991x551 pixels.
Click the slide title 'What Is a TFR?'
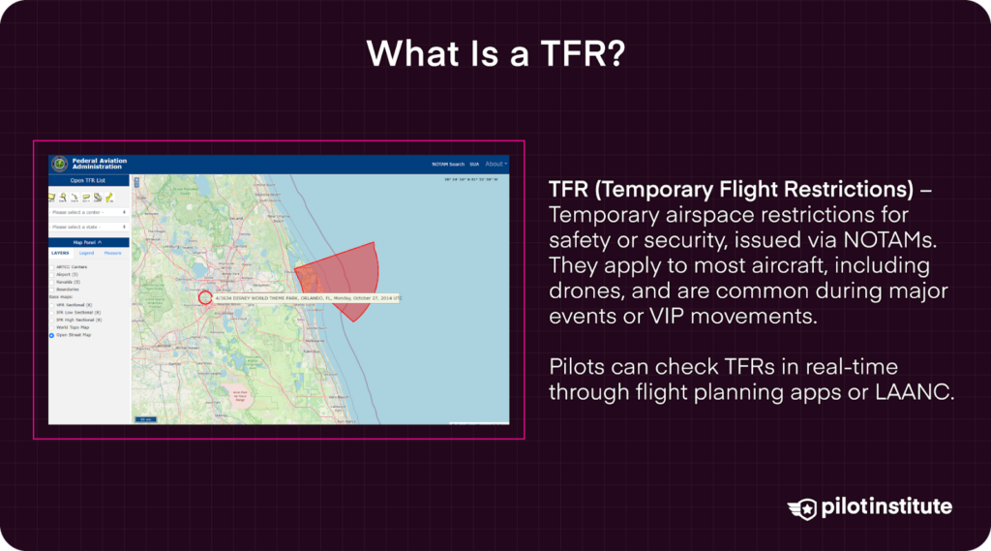coord(495,54)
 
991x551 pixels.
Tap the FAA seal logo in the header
coord(60,164)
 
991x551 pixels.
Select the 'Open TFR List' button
coord(89,180)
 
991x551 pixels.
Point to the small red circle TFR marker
coord(205,297)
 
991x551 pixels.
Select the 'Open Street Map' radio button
coord(52,335)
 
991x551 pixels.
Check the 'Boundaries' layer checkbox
coord(52,290)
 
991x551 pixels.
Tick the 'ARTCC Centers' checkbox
coord(52,266)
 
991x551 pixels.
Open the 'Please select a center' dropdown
coord(89,211)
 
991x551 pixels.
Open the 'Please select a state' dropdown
coord(89,227)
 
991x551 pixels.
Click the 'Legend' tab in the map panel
coord(86,253)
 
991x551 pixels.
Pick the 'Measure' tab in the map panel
coord(112,253)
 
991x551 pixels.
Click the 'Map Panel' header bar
coord(89,242)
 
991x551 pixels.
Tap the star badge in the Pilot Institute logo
coord(803,507)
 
